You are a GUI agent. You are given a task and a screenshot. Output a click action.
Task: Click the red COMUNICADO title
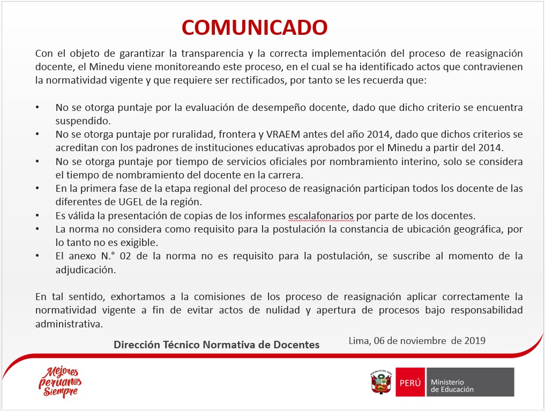[x=255, y=27]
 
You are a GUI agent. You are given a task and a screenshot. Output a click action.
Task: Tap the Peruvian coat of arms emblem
[x=381, y=382]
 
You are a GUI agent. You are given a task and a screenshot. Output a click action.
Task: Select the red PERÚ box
[x=410, y=382]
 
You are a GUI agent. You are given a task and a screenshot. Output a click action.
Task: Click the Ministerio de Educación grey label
[x=471, y=382]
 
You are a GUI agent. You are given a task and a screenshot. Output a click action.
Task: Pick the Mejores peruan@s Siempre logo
[x=60, y=382]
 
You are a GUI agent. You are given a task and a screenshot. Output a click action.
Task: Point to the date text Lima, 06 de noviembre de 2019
[x=417, y=340]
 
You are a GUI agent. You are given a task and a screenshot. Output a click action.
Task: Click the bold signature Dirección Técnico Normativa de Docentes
[x=216, y=345]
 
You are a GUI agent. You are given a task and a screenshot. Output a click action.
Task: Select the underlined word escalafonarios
[x=321, y=216]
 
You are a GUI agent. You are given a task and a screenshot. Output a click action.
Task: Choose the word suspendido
[x=83, y=121]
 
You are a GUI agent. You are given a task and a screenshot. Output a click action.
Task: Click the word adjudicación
[x=86, y=270]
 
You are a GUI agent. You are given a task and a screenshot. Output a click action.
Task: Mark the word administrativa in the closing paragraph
[x=69, y=324]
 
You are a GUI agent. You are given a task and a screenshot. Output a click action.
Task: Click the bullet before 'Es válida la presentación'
[x=37, y=216]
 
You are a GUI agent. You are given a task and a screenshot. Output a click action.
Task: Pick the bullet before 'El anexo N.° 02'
[x=37, y=256]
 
